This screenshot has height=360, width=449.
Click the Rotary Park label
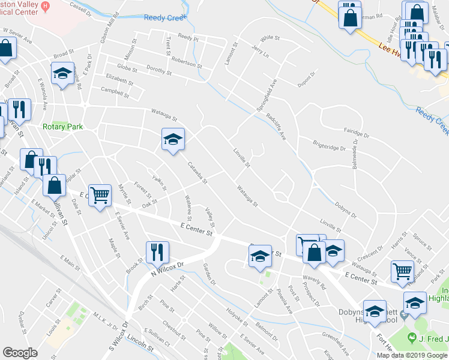coord(62,127)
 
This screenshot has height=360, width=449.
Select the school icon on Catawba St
coord(172,140)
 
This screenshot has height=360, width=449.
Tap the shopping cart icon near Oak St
coord(100,194)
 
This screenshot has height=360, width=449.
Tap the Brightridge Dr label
coord(330,145)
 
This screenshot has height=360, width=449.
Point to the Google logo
coord(20,353)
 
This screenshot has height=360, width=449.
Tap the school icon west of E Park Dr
coord(62,74)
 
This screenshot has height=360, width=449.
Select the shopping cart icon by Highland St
coord(402,271)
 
